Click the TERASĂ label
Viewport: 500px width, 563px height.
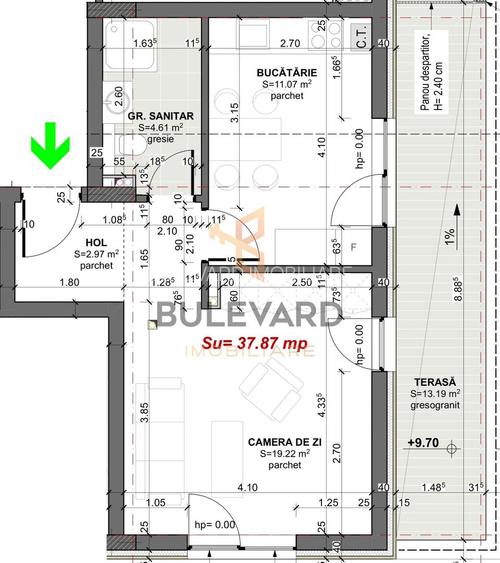coord(438,382)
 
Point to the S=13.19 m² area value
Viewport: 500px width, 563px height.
coord(437,395)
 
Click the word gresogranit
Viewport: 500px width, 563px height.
coord(437,408)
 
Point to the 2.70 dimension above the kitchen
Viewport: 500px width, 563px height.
coord(290,43)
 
